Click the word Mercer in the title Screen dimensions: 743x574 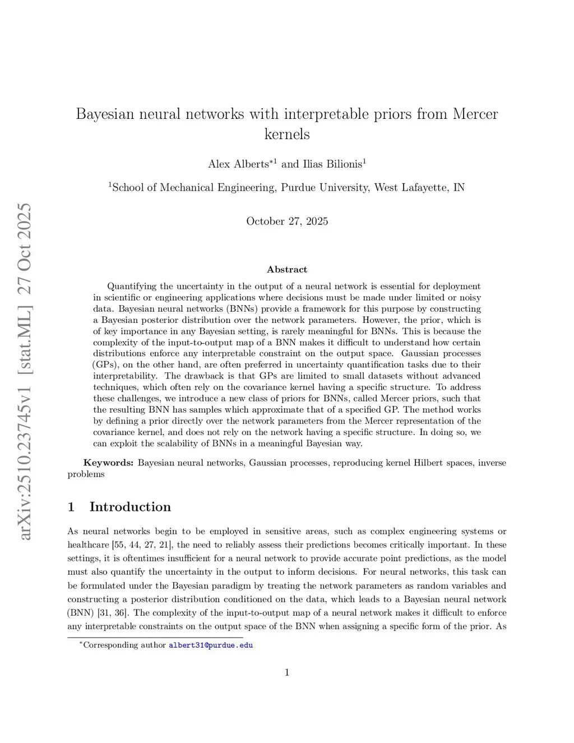pyautogui.click(x=475, y=114)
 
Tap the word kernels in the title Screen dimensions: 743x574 pyautogui.click(x=287, y=135)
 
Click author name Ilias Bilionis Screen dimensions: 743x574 pyautogui.click(x=332, y=164)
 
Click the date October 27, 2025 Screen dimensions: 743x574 pyautogui.click(x=287, y=221)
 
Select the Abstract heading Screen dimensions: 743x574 pyautogui.click(x=287, y=270)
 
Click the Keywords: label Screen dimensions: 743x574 pyautogui.click(x=108, y=463)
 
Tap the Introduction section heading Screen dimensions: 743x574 pyautogui.click(x=130, y=507)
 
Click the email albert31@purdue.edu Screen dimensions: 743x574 pyautogui.click(x=211, y=645)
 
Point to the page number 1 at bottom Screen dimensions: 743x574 pyautogui.click(x=287, y=673)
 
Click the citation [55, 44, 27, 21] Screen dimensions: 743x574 pyautogui.click(x=142, y=545)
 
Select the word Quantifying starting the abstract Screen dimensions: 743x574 pyautogui.click(x=132, y=287)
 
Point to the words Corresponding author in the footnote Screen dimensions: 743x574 pyautogui.click(x=124, y=645)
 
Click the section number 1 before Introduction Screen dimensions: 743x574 pyautogui.click(x=71, y=507)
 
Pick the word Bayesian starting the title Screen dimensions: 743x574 pyautogui.click(x=105, y=114)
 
